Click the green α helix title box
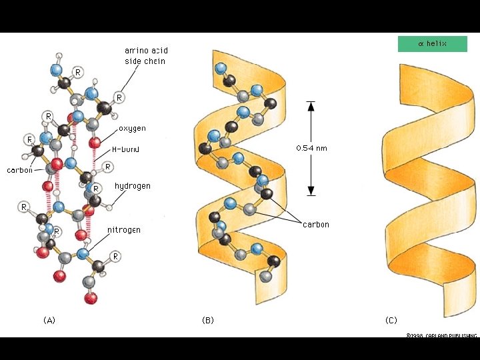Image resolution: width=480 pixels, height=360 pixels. click(x=432, y=44)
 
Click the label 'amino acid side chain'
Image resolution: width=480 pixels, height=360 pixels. click(x=145, y=56)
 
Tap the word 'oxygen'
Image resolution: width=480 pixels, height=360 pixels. click(x=132, y=128)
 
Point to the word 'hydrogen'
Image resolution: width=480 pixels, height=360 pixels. click(x=133, y=186)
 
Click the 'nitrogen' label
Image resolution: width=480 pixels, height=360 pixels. click(x=124, y=230)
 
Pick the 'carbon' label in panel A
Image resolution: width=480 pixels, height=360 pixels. click(x=20, y=170)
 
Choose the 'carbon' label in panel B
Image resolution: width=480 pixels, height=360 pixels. click(x=315, y=225)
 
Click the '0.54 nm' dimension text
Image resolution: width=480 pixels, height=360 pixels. click(x=311, y=148)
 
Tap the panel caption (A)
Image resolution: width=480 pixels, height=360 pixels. click(x=49, y=321)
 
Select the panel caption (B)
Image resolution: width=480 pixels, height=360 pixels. click(x=208, y=321)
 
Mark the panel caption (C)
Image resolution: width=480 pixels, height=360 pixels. click(x=391, y=321)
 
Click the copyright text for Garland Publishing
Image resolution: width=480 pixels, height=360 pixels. click(x=441, y=336)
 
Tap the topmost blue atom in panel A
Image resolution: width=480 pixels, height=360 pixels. click(x=57, y=69)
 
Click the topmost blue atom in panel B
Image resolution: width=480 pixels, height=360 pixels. click(x=221, y=67)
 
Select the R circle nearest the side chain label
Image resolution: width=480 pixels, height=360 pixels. click(x=119, y=97)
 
